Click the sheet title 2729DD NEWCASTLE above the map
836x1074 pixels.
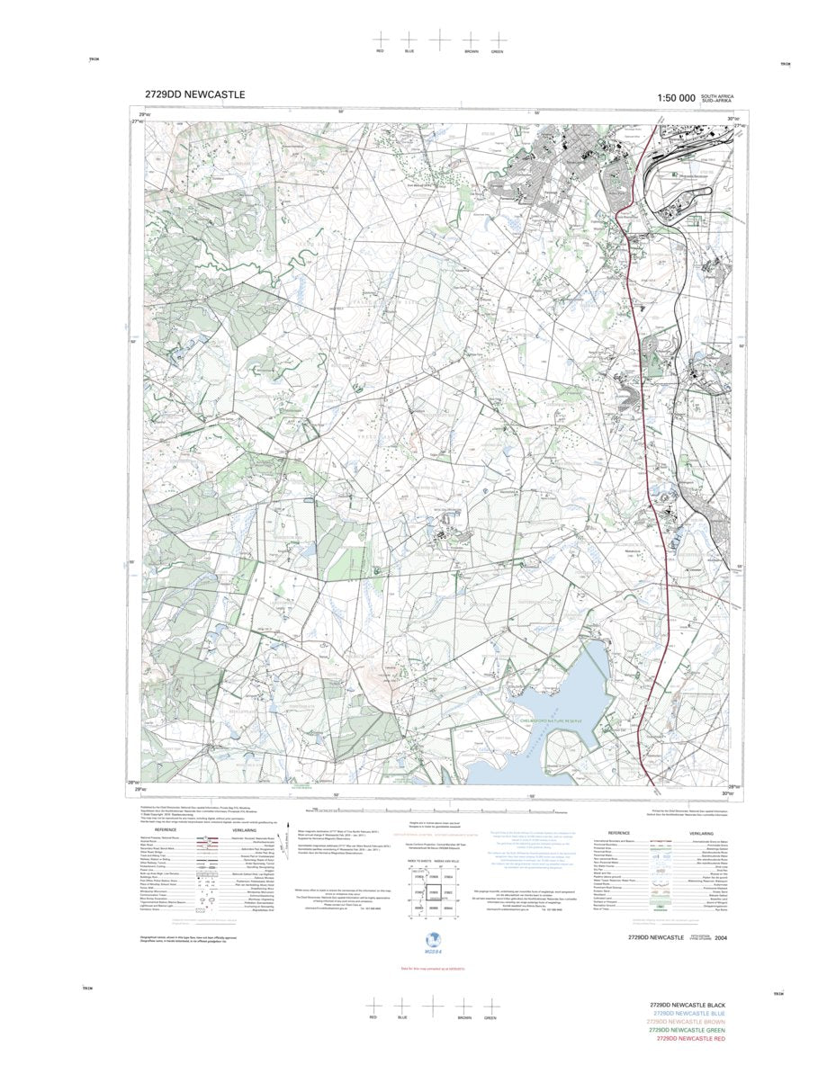[x=193, y=94]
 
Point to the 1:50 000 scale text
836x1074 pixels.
[x=676, y=97]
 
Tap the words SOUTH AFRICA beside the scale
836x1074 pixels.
[x=718, y=94]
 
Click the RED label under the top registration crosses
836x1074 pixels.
[x=380, y=52]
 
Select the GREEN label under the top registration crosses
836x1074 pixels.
[x=498, y=52]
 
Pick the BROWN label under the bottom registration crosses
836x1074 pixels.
[x=464, y=1017]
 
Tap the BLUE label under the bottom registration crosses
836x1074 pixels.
[x=402, y=1017]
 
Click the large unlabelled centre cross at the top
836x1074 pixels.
[x=438, y=39]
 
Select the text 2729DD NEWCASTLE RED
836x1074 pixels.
[x=690, y=1039]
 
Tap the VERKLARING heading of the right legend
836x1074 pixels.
[x=701, y=833]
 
